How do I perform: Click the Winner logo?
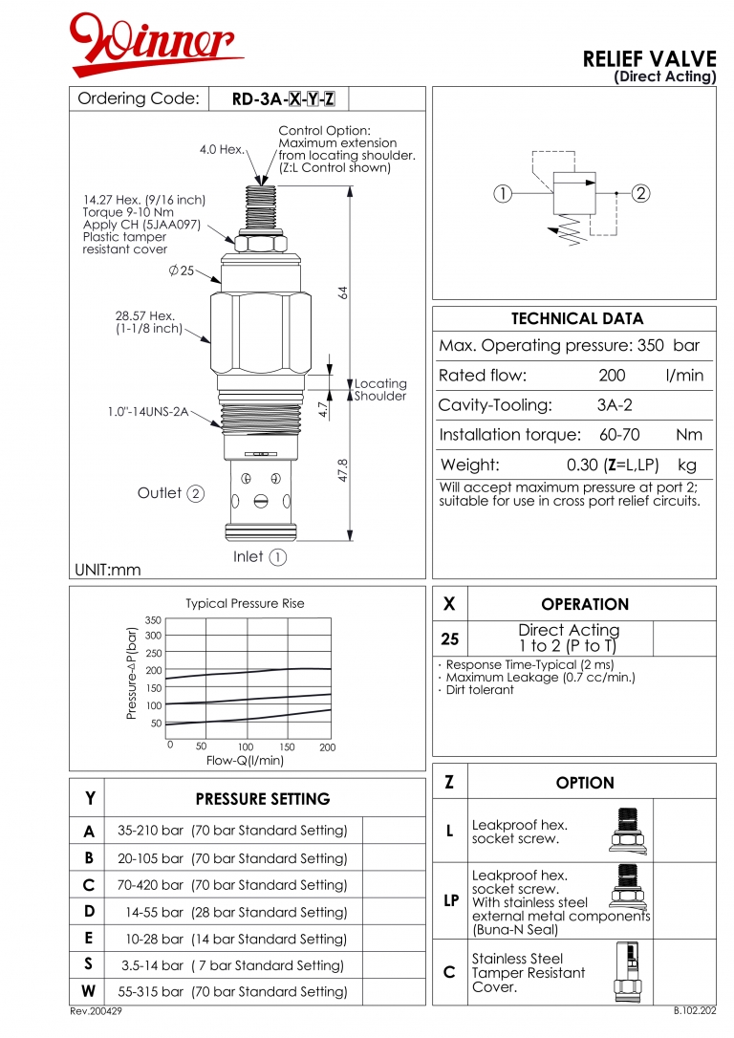157,45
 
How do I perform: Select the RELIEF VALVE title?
649,59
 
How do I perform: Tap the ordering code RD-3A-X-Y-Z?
290,99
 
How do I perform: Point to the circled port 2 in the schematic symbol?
640,193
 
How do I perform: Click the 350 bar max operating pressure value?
674,345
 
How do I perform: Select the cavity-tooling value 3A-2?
615,404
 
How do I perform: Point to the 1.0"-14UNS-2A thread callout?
147,412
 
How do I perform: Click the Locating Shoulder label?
380,390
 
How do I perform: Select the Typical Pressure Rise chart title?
245,603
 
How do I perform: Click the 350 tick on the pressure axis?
153,620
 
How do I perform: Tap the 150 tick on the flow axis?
287,746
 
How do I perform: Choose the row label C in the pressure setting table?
88,885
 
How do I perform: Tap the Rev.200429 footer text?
96,1011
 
